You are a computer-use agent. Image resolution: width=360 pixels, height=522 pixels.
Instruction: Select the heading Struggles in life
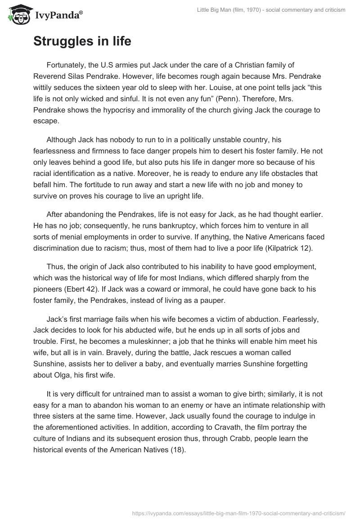click(82, 42)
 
